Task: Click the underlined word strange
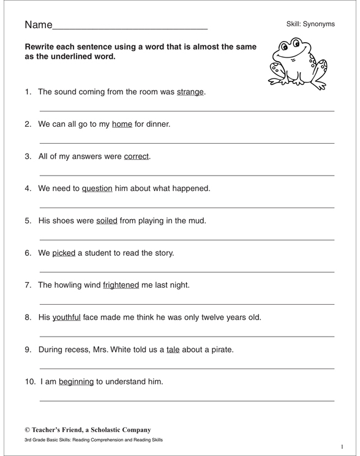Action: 190,92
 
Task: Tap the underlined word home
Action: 122,124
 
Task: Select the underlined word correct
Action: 137,156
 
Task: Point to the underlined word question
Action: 97,189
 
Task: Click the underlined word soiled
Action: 107,221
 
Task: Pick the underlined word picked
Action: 64,253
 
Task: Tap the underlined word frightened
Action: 121,285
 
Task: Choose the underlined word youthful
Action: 67,317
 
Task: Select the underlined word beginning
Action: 77,382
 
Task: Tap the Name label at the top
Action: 39,25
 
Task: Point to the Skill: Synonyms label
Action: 310,24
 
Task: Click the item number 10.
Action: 30,382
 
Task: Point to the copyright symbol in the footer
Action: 28,430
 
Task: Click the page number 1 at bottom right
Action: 342,447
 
